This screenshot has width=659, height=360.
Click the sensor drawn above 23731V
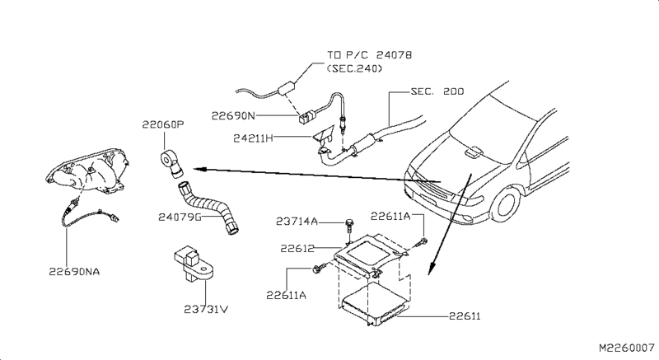192,264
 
